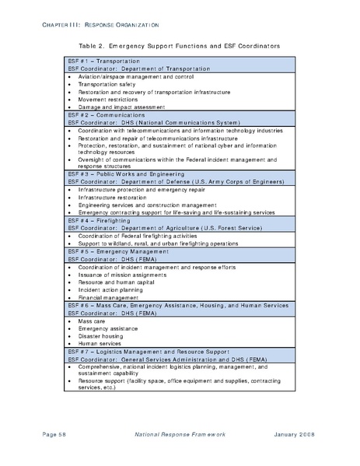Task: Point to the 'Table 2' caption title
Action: [x=180, y=46]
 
